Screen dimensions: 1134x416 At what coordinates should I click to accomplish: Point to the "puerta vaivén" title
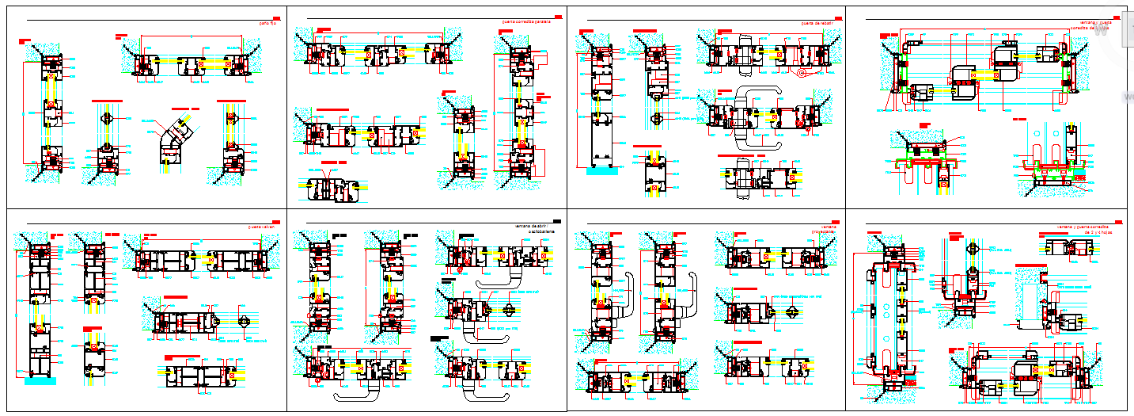(x=260, y=227)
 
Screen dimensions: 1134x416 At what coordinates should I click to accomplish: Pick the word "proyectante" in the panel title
(x=823, y=232)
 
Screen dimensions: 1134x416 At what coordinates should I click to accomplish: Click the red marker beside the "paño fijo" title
(x=275, y=19)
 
